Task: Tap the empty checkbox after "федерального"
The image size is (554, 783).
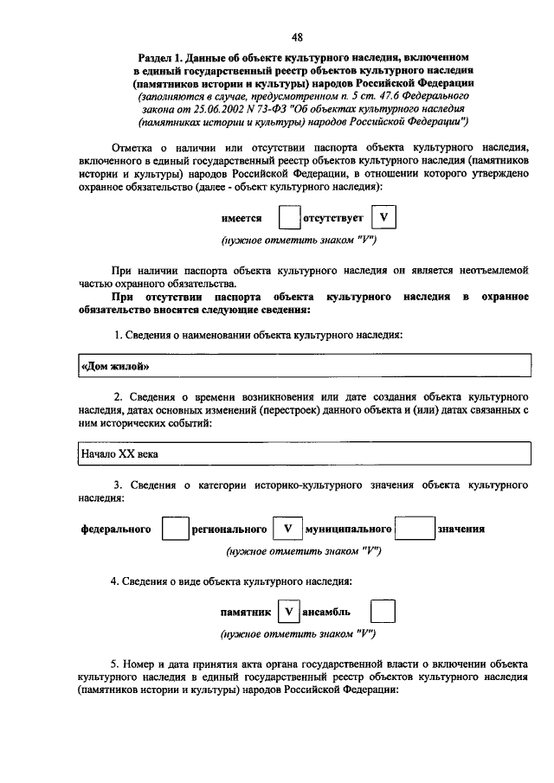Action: (x=175, y=529)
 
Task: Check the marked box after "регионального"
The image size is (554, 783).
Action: (x=287, y=529)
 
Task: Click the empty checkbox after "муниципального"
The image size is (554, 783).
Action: (x=419, y=529)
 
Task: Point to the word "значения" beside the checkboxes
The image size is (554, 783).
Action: (x=461, y=529)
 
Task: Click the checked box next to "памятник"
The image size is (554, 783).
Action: (x=290, y=613)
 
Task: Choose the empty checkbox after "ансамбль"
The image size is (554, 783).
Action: (x=383, y=613)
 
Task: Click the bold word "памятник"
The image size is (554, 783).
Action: (x=246, y=613)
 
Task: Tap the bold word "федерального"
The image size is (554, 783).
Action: (x=116, y=529)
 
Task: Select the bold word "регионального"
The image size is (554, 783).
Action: (x=229, y=529)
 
